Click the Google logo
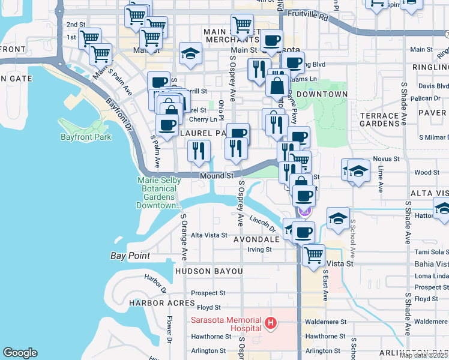point(20,353)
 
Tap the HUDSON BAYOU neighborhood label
point(209,271)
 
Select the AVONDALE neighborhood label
point(256,239)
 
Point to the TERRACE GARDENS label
point(379,119)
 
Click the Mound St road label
point(216,176)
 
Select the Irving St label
point(260,249)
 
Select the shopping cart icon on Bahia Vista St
point(313,255)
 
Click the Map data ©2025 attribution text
point(424,355)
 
